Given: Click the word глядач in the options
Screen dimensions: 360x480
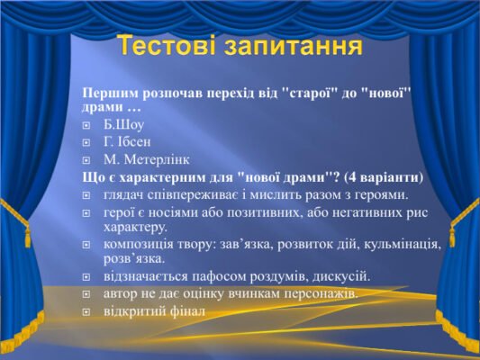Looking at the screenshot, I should (125, 193).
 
